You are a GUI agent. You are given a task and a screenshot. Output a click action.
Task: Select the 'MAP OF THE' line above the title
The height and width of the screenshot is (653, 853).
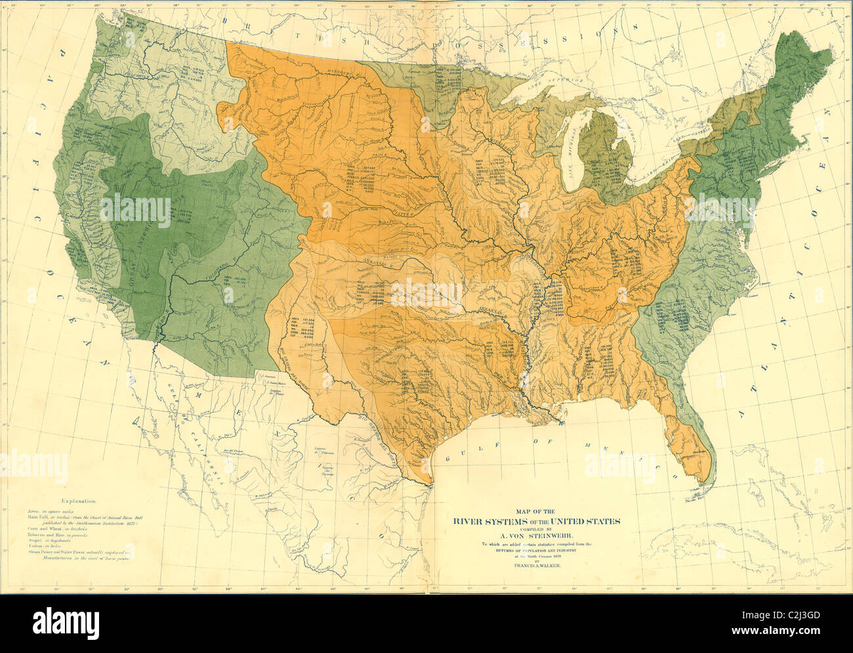point(536,511)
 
